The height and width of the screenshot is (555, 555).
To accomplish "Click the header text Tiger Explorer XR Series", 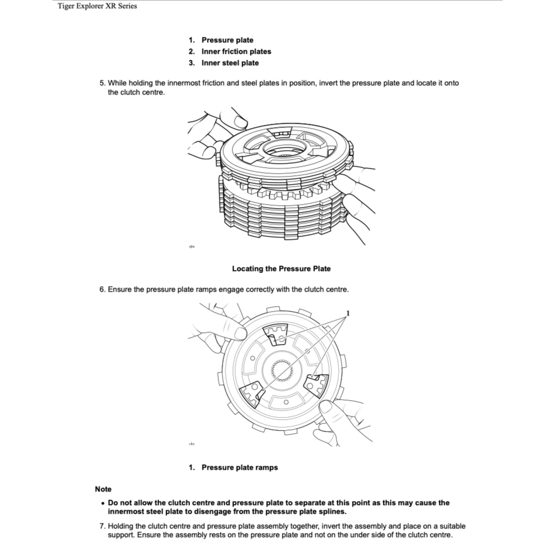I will coord(97,7).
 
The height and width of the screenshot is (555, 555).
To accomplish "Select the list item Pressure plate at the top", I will coord(227,40).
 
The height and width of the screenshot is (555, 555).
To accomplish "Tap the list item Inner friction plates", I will coord(236,52).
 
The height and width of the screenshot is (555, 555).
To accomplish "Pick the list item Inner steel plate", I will coord(230,63).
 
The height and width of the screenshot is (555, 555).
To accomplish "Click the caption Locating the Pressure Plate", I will coord(281,269).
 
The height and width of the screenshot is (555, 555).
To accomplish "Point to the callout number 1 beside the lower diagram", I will coord(348,313).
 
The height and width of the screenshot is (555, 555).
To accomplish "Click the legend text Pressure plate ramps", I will coord(239,468).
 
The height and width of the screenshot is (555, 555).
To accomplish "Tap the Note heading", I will coord(103,489).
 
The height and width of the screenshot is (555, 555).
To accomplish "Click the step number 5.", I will coord(102,83).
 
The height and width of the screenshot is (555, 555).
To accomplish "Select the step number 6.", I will coord(102,289).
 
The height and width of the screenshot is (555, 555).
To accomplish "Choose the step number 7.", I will coord(102,526).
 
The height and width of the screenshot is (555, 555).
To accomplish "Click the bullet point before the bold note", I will coord(102,503).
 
